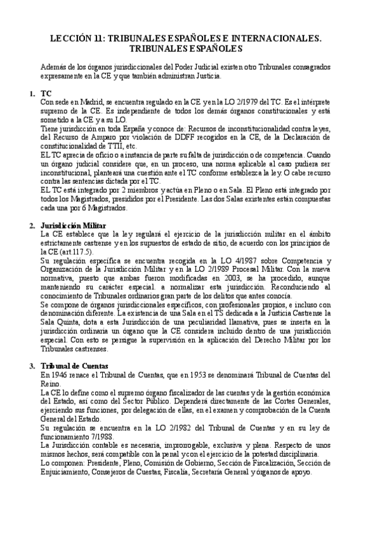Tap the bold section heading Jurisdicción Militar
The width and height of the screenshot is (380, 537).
[73, 225]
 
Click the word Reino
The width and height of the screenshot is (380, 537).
[50, 384]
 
